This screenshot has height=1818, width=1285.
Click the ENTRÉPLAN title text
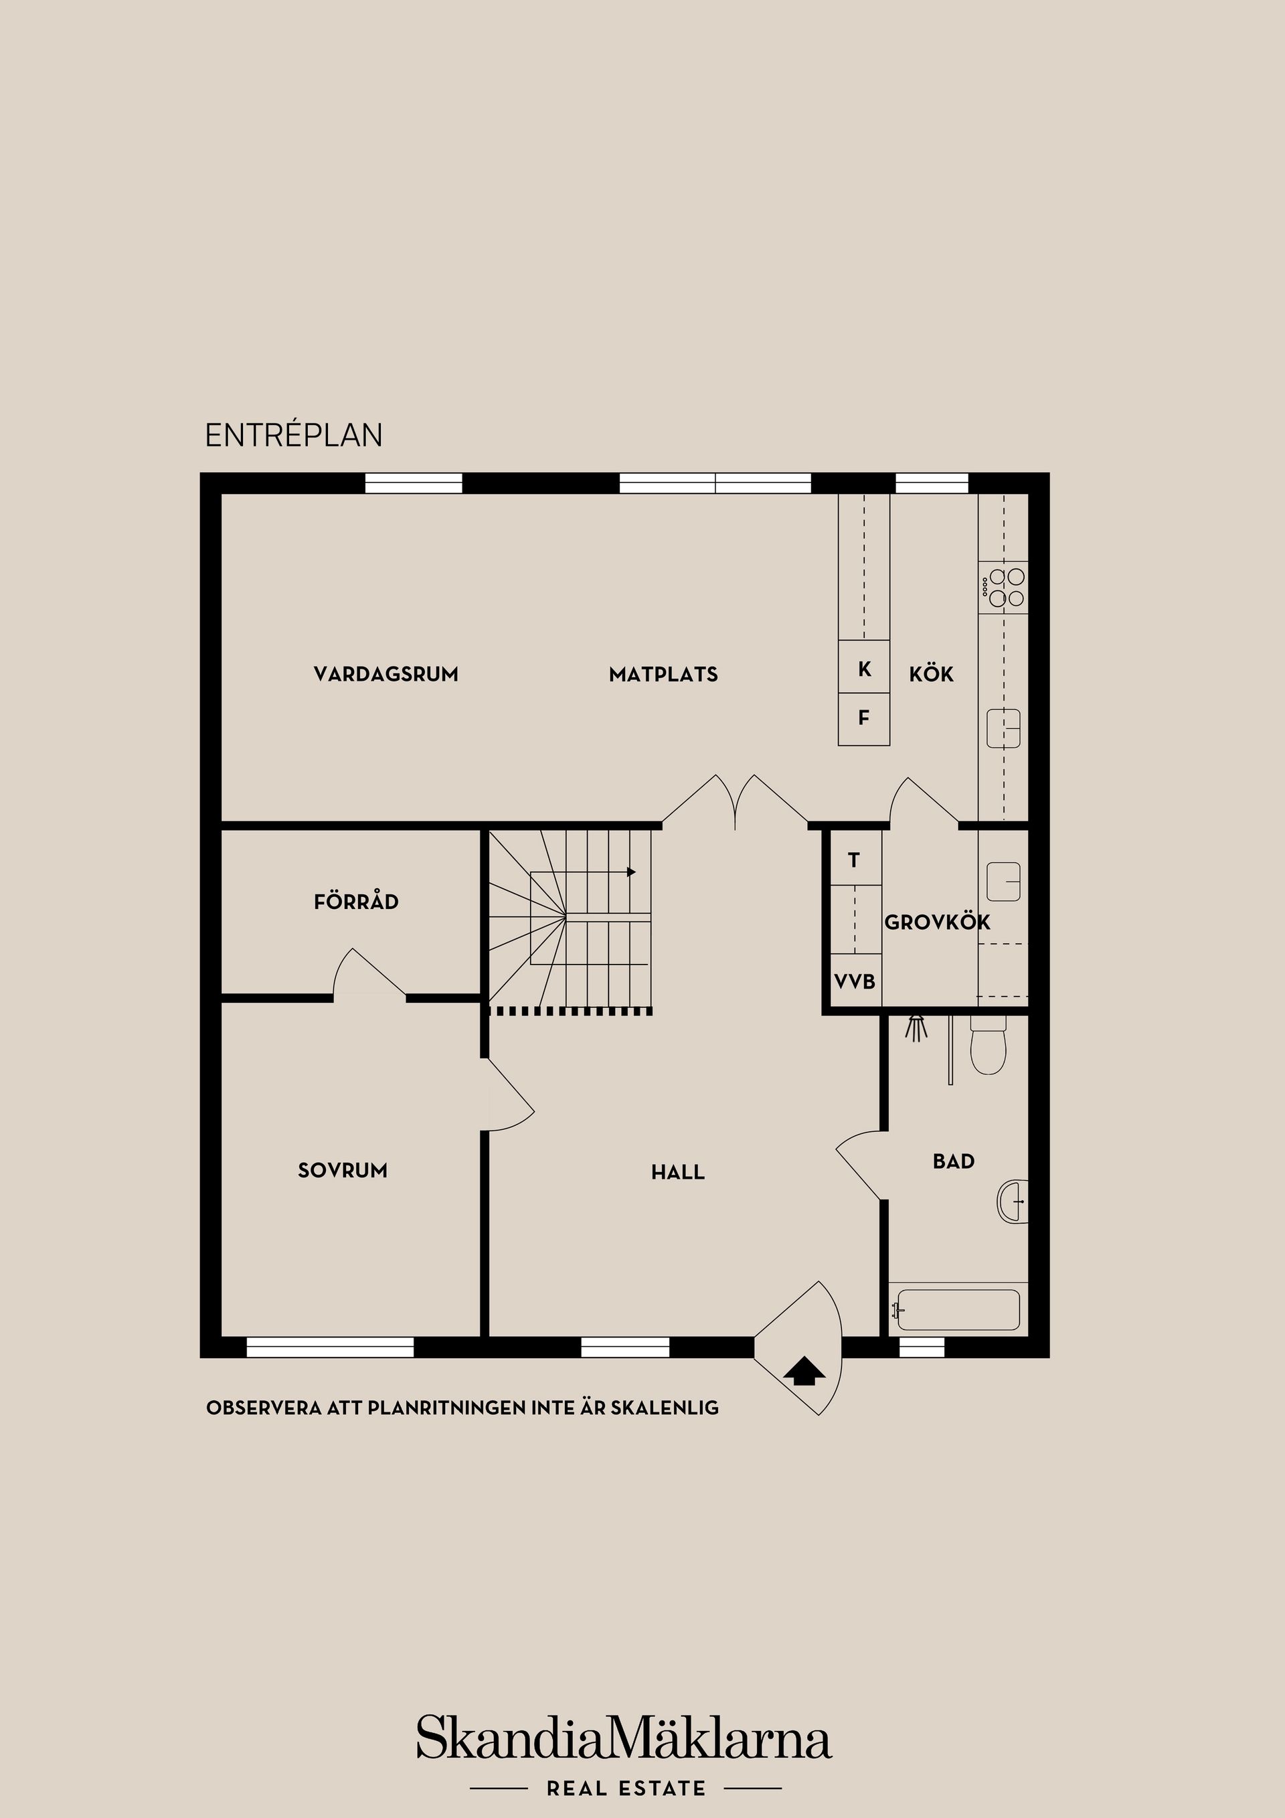pyautogui.click(x=293, y=436)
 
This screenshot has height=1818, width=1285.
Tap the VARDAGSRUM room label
pyautogui.click(x=385, y=675)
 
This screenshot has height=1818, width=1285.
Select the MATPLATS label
pyautogui.click(x=663, y=675)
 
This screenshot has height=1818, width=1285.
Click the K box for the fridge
pyautogui.click(x=864, y=669)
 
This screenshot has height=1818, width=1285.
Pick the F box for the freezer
pyautogui.click(x=864, y=718)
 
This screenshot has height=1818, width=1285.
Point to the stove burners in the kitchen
pyautogui.click(x=1004, y=588)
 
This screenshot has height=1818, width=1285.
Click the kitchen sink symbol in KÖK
pyautogui.click(x=1003, y=728)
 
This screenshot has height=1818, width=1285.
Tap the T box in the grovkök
pyautogui.click(x=853, y=860)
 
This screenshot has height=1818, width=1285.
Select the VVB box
pyautogui.click(x=854, y=982)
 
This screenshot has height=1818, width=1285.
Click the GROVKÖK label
pyautogui.click(x=936, y=922)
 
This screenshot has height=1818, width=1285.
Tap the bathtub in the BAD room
pyautogui.click(x=956, y=1311)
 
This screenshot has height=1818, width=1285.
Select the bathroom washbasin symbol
pyautogui.click(x=1013, y=1201)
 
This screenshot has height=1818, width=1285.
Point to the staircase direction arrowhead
pyautogui.click(x=631, y=872)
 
